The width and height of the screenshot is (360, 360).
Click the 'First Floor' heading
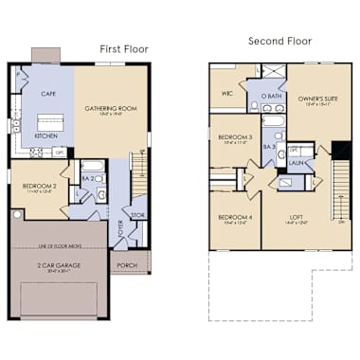pyautogui.click(x=125, y=48)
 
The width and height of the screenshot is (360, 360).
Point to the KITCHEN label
pyautogui.click(x=46, y=135)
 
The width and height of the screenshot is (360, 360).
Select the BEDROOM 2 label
pyautogui.click(x=38, y=187)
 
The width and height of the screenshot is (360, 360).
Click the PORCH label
pyautogui.click(x=127, y=265)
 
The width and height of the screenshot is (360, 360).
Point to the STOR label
pyautogui.click(x=137, y=214)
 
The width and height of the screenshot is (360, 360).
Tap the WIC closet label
pyautogui.click(x=226, y=93)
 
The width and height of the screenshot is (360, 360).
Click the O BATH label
pyautogui.click(x=271, y=98)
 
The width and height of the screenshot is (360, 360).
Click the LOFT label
pyautogui.click(x=297, y=217)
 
